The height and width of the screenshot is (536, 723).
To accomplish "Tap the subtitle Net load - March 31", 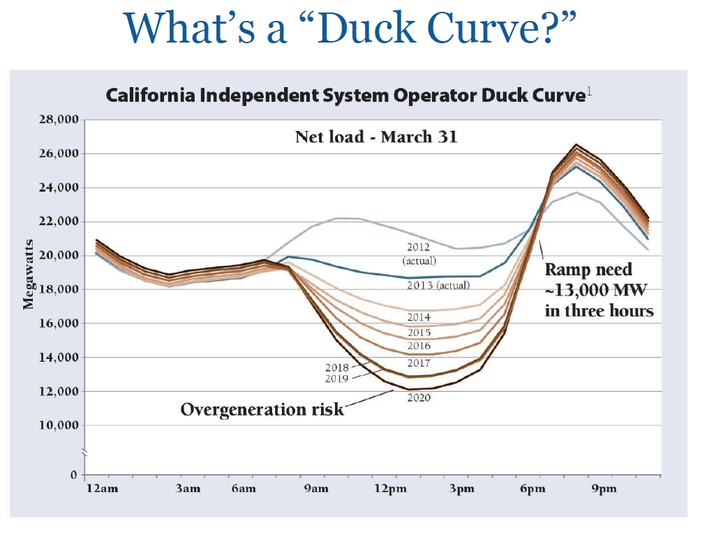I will (376, 136).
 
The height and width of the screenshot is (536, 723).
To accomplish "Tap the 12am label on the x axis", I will (102, 489).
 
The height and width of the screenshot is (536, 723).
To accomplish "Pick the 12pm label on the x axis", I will (390, 489).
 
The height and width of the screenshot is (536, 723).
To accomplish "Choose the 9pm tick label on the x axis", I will (604, 489).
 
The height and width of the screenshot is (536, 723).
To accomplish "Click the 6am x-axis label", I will (244, 489).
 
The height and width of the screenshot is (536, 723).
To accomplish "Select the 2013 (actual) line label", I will (438, 285).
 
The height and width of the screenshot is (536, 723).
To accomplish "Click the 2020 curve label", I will (419, 398).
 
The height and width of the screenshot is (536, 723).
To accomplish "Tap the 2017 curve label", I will (419, 362).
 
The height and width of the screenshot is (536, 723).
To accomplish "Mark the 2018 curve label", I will (337, 367).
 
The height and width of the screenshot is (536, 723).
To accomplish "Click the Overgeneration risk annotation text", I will (262, 409).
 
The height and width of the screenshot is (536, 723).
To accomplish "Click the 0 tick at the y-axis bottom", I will (72, 475).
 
